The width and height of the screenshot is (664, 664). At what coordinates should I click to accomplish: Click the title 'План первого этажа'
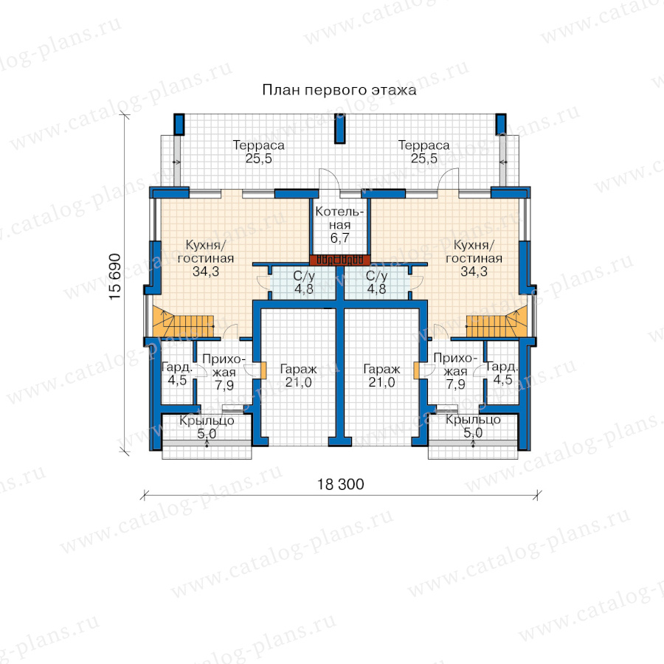pyautogui.click(x=339, y=90)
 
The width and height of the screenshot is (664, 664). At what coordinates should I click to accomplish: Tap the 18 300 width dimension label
pyautogui.click(x=341, y=485)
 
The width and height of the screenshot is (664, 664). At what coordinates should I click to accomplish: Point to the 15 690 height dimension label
pyautogui.click(x=115, y=277)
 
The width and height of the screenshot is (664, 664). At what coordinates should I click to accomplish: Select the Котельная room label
pyautogui.click(x=339, y=224)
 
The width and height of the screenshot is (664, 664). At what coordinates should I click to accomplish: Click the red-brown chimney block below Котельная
pyautogui.click(x=339, y=260)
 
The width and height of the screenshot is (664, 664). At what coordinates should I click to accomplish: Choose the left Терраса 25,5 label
pyautogui.click(x=259, y=151)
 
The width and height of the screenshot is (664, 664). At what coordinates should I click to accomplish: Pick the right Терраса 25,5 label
pyautogui.click(x=424, y=151)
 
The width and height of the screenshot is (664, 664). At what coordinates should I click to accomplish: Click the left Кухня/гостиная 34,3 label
pyautogui.click(x=206, y=258)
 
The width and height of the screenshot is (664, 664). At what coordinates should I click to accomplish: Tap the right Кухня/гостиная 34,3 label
pyautogui.click(x=474, y=258)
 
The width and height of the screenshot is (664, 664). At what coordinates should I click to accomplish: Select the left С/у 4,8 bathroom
pyautogui.click(x=303, y=283)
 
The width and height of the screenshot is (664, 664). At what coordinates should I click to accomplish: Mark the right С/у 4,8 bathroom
pyautogui.click(x=376, y=283)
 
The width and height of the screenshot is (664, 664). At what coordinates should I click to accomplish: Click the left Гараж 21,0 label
pyautogui.click(x=299, y=376)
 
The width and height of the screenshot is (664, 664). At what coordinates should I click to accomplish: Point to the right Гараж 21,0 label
pyautogui.click(x=381, y=376)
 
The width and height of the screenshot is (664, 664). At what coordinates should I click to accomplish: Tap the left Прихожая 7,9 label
pyautogui.click(x=224, y=372)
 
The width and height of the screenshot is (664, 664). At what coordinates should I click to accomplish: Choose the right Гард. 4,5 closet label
pyautogui.click(x=502, y=373)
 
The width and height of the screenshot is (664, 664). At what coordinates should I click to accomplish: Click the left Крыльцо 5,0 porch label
pyautogui.click(x=207, y=427)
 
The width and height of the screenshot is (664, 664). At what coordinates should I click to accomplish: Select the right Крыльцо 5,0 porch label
pyautogui.click(x=473, y=426)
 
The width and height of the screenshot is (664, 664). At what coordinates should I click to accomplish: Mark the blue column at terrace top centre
pyautogui.click(x=339, y=128)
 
